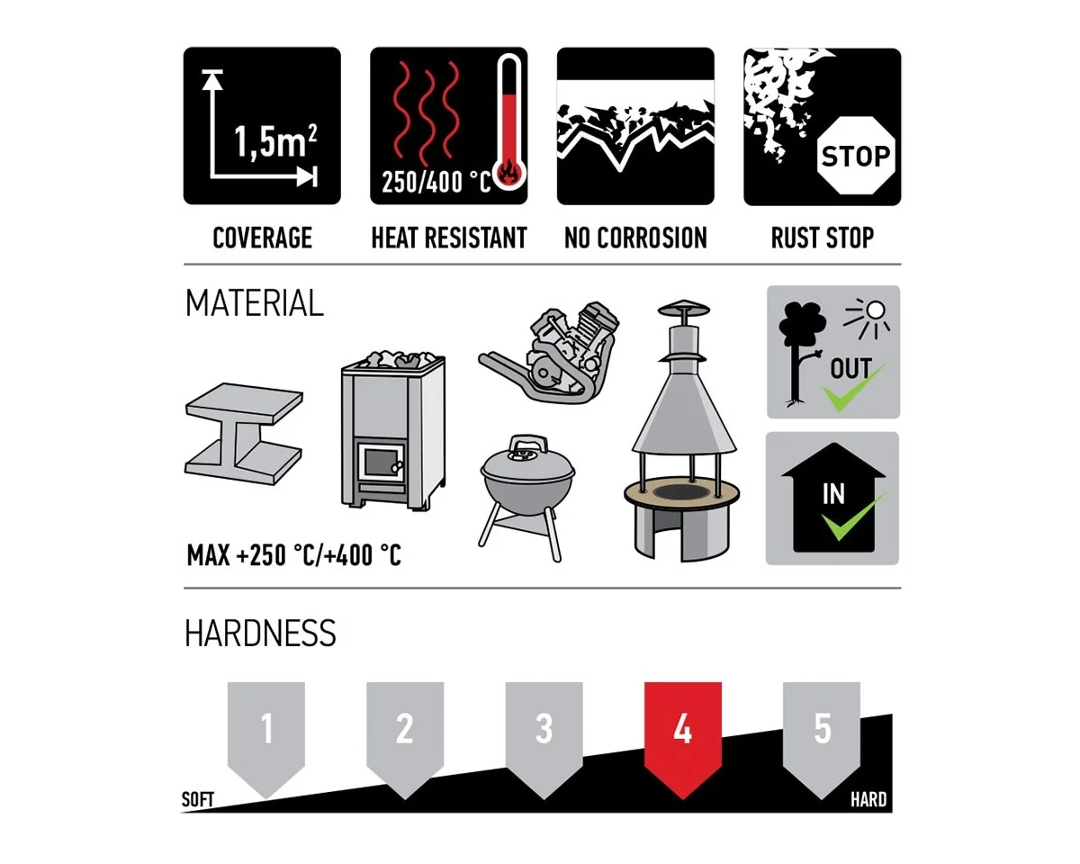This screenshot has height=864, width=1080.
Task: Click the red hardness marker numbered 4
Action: click(x=682, y=738)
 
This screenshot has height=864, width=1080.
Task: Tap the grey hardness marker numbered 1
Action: click(x=266, y=738)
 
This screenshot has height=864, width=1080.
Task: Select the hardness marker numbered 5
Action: click(x=822, y=738)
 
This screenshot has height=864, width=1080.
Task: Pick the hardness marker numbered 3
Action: click(x=544, y=738)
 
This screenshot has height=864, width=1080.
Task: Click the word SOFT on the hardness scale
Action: click(x=198, y=799)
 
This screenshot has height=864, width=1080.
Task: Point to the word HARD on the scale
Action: click(x=868, y=799)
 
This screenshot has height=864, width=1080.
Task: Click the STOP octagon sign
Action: click(x=856, y=156)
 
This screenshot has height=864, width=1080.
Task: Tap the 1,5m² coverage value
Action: click(x=275, y=141)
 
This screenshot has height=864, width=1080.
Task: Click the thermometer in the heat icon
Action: click(x=510, y=122)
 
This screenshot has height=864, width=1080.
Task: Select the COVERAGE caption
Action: click(x=263, y=238)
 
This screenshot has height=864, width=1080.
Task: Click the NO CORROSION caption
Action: click(x=635, y=238)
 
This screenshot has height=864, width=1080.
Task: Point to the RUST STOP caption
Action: click(x=822, y=238)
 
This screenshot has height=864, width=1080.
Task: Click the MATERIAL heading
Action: click(x=255, y=303)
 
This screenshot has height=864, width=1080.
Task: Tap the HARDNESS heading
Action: click(x=260, y=633)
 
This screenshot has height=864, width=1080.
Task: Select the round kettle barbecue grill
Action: click(x=527, y=497)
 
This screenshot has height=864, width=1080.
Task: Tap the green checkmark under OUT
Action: click(x=852, y=389)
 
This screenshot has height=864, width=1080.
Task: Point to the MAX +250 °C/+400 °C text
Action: click(x=294, y=556)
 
